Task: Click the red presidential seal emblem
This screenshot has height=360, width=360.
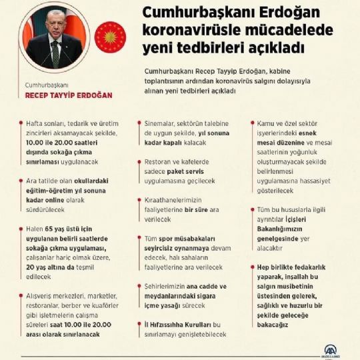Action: coord(110,37)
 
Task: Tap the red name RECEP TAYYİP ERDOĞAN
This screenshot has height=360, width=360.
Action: coord(68,95)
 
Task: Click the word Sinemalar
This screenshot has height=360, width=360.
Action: coord(163,123)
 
